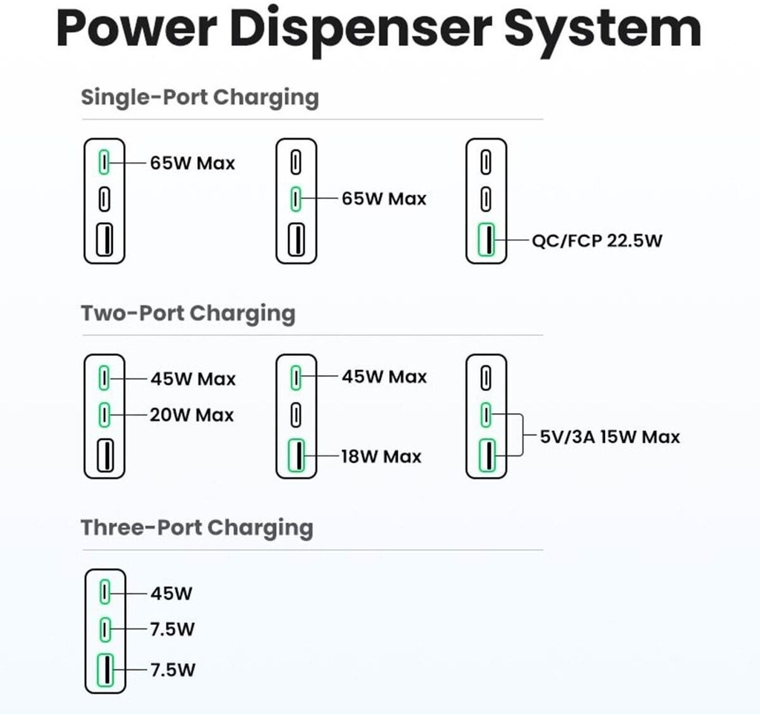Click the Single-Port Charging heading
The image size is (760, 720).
point(200,97)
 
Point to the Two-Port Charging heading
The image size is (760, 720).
point(188,313)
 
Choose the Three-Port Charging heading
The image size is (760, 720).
point(197,528)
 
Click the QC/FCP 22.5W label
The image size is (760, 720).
point(597,241)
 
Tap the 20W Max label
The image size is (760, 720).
point(192,415)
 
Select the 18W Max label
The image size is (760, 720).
point(381,456)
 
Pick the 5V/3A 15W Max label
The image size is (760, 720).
point(609,436)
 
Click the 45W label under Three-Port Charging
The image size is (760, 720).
point(171,594)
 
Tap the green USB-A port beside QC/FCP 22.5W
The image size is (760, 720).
point(486,241)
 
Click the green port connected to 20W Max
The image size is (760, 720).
point(105,413)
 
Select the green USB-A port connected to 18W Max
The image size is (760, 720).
point(296,456)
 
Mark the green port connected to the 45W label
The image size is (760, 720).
point(105,593)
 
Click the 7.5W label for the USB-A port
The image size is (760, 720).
point(173,670)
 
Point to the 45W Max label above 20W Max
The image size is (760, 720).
point(193,379)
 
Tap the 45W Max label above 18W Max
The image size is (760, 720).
point(384,377)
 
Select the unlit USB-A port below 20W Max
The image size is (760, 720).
point(105,455)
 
